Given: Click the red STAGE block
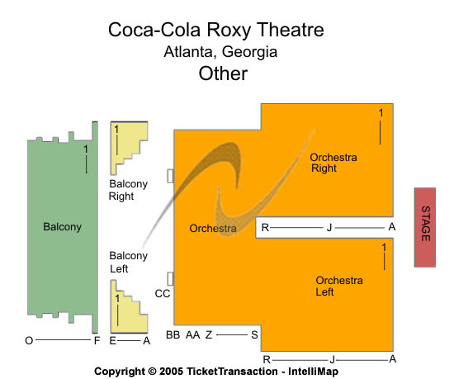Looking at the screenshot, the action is [425, 227].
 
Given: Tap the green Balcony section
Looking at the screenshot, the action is [62, 227].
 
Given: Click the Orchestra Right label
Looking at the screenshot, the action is [333, 163].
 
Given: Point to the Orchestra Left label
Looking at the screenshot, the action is [339, 286].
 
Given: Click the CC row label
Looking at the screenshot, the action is [163, 294].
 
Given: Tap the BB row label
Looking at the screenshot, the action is [173, 335].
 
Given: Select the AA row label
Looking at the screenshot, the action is [193, 335].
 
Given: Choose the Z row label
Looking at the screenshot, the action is [209, 335].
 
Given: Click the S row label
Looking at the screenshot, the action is [254, 335].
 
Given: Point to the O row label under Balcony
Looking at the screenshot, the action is [29, 341].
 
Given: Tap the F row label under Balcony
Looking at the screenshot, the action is [97, 341].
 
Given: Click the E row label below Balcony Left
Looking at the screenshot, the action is [112, 341].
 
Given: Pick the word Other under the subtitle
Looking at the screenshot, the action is [223, 73].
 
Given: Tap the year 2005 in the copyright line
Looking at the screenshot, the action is [171, 372].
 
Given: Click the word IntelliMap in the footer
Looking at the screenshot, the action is [314, 372].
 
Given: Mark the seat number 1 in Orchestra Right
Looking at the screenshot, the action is [381, 113].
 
